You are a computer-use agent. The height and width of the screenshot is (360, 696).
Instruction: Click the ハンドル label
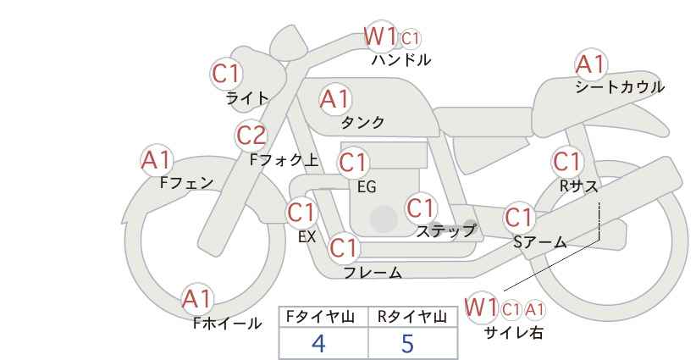pos(401,60)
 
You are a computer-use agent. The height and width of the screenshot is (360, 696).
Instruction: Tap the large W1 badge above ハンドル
pos(380,36)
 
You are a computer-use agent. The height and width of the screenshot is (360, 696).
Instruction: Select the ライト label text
pos(246,98)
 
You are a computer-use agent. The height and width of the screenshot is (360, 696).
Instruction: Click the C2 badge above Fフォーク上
pos(251,135)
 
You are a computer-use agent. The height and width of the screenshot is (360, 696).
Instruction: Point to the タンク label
pos(362,123)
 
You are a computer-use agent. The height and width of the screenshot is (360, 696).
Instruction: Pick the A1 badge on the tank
pos(334,99)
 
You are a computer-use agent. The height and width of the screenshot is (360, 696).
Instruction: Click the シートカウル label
pos(619,86)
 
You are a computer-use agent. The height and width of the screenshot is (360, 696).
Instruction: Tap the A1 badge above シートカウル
pos(591,64)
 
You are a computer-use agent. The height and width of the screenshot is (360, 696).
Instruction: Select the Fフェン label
pos(186,182)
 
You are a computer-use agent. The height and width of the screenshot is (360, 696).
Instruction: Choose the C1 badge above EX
pos(301,212)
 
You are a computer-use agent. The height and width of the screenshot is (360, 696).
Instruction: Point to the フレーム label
pos(373,273)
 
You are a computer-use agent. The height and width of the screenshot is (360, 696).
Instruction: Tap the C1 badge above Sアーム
pos(519,218)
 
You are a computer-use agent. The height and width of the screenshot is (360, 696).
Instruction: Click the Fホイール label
pos(227,323)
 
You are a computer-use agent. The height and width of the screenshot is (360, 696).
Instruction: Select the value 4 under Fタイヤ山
pos(319,343)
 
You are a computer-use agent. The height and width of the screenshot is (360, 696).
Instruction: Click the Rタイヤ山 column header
pos(412,318)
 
